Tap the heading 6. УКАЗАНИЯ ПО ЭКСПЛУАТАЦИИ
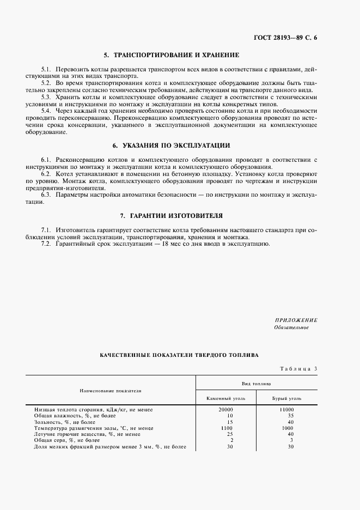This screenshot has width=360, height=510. click(172, 145)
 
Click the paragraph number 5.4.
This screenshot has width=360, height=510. click(46, 110)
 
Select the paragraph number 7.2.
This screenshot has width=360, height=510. click(46, 244)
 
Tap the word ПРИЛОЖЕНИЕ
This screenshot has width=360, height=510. click(296, 320)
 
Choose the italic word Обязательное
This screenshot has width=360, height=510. click(291, 327)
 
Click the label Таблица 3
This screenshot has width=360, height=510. click(298, 369)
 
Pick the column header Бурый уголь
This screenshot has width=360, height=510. click(286, 398)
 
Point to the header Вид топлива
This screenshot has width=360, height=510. click(256, 383)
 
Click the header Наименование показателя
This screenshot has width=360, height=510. click(111, 391)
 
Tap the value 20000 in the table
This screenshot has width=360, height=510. click(225, 409)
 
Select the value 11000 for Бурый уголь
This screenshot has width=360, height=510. click(286, 409)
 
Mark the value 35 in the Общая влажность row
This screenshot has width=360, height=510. click(290, 415)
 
